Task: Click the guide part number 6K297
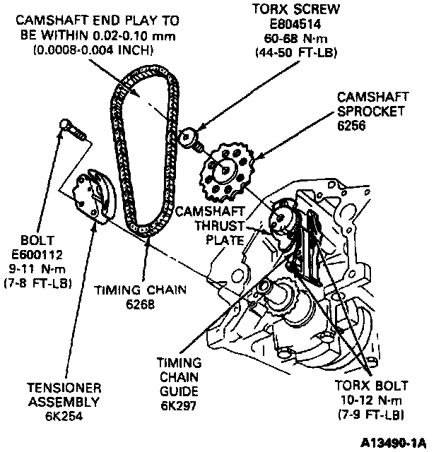[180, 405]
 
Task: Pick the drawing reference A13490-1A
[393, 442]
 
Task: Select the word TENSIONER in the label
[64, 388]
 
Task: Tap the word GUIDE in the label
[180, 391]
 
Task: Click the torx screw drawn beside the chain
[192, 138]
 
